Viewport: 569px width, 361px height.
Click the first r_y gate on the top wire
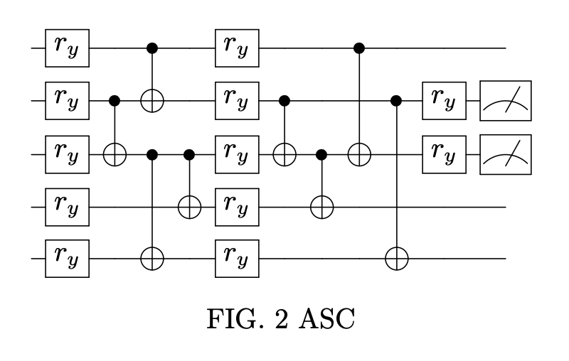(67, 48)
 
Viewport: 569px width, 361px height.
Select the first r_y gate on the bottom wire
(67, 259)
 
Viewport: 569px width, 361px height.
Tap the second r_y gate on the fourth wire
(238, 207)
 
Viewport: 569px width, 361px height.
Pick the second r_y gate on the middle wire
(238, 153)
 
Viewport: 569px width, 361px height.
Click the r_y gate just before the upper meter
(444, 101)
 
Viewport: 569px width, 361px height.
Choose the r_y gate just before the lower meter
(444, 153)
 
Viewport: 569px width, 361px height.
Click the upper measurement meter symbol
(506, 101)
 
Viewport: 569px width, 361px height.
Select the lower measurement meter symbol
(506, 153)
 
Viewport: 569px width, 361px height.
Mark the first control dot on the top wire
(151, 48)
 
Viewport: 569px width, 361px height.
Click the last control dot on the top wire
(360, 48)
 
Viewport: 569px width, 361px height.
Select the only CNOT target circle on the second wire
(151, 101)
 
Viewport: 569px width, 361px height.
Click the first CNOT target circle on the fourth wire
(189, 207)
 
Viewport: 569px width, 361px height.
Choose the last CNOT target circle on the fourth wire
(321, 207)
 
